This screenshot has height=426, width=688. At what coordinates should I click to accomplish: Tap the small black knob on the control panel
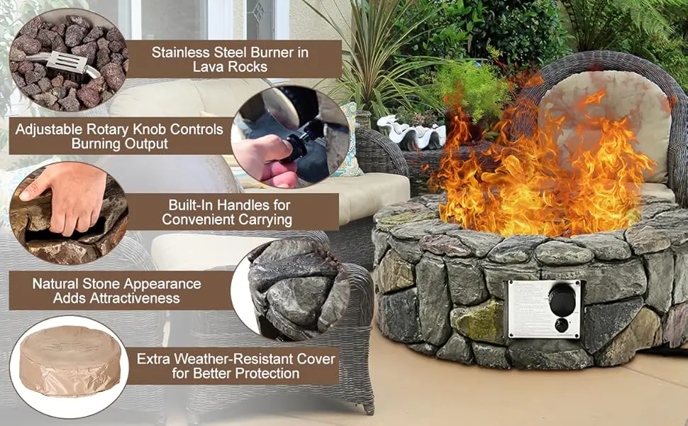[x=562, y=325]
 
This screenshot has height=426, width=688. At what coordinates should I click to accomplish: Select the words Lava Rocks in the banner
[x=230, y=67]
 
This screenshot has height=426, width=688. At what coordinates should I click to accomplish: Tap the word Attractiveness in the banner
[x=116, y=298]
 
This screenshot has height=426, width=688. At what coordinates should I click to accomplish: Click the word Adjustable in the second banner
[x=50, y=129]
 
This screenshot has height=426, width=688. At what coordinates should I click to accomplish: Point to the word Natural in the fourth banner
[x=56, y=283]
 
